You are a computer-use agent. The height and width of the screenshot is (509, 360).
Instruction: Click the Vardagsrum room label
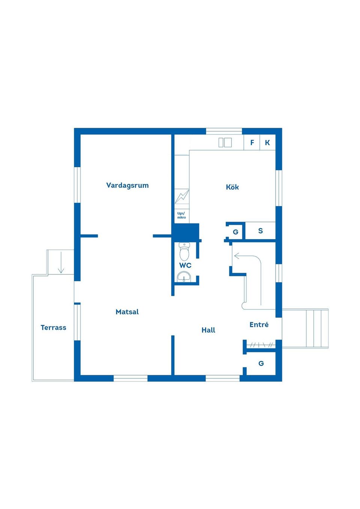pos(127,185)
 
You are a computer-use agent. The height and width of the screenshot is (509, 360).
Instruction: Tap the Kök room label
pos(232,187)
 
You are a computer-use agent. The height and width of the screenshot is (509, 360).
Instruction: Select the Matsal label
pos(127,312)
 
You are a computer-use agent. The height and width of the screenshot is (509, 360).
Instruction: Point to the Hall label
pos(208,330)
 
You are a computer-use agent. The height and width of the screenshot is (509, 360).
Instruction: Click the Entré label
pos(259,325)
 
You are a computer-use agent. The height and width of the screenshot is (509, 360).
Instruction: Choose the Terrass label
pos(53,328)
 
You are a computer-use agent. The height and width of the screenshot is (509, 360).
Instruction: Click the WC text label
pos(185,265)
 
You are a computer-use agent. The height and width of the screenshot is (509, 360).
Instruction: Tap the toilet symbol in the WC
pos(184,252)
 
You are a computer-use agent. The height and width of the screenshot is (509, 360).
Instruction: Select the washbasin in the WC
pos(184,277)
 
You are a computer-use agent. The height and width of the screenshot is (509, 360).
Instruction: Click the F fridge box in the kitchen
pos(252,142)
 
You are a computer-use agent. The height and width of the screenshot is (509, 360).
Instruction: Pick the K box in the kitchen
pos(267,142)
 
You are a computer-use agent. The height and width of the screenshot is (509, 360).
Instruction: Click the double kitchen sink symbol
pos(225,142)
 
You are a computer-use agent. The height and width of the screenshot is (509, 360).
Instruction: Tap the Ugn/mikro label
pos(181,216)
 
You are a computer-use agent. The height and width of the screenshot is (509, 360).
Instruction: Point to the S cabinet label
pos(261,231)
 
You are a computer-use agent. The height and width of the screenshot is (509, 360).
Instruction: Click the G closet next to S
pos(235,232)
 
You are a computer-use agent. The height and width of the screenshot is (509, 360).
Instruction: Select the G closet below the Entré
pos(261,363)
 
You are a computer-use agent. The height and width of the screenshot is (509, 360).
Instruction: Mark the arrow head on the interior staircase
pos(237,256)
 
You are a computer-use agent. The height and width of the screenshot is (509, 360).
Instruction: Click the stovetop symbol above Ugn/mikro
pos(182,196)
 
